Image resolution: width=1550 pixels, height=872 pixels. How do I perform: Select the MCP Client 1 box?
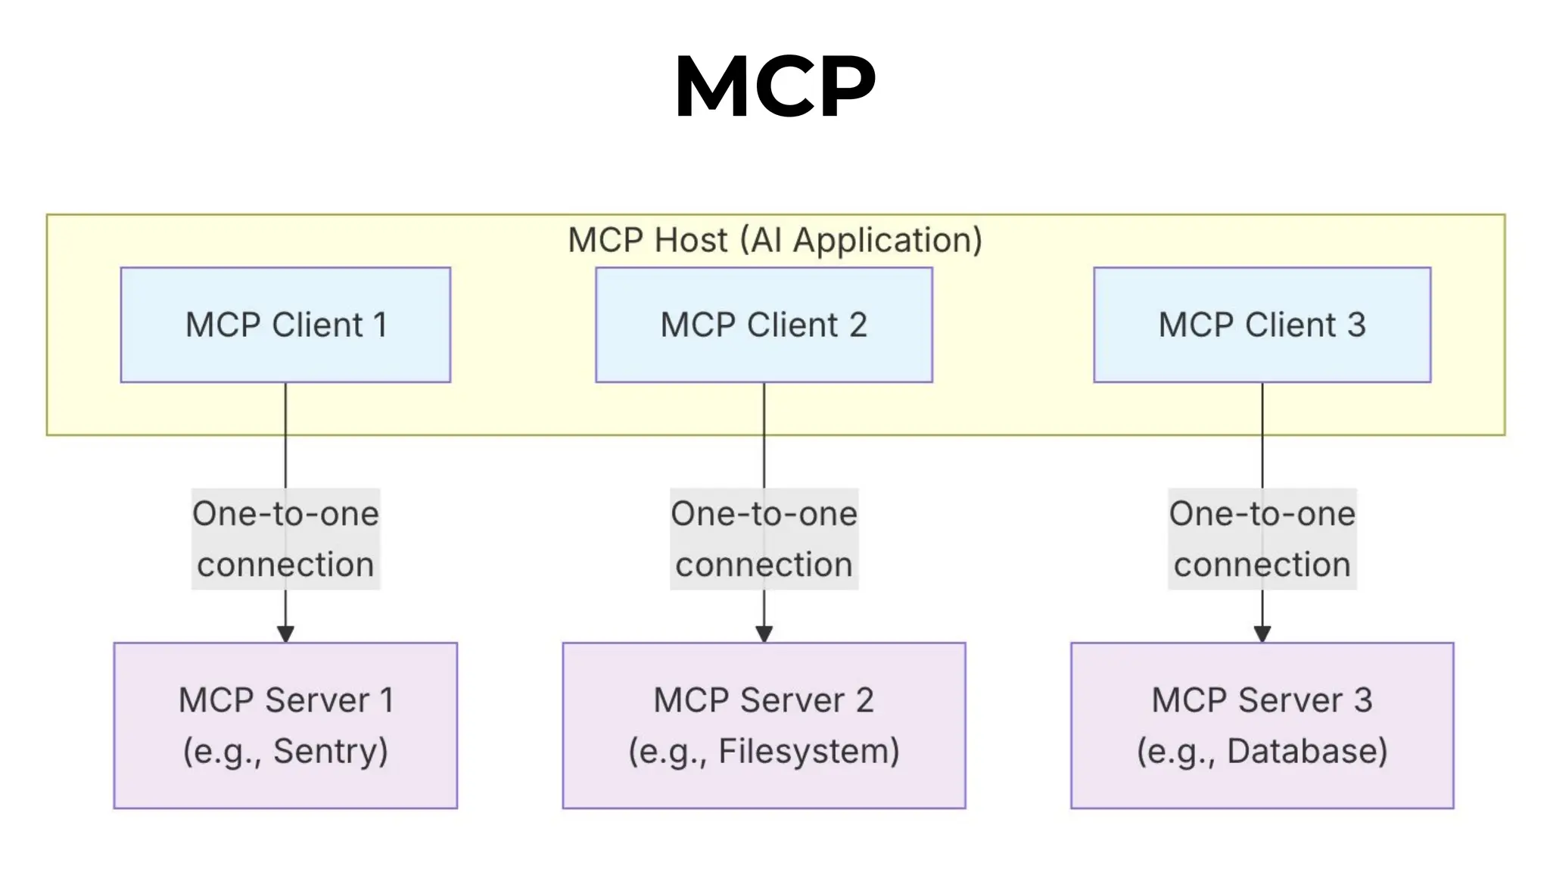point(285,325)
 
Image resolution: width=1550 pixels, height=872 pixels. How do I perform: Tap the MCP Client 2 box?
point(764,325)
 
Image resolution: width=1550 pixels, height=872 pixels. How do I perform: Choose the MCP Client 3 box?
point(1262,325)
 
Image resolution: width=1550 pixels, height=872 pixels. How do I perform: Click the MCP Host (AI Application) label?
point(775,240)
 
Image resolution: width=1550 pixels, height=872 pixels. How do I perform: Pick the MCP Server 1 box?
point(285,725)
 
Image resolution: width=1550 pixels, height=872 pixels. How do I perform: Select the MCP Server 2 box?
point(764,725)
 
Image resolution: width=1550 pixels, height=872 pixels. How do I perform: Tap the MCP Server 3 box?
point(1262,725)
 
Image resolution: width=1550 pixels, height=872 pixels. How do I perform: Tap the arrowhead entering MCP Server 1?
point(285,634)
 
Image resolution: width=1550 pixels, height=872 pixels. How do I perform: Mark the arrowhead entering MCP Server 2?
point(764,634)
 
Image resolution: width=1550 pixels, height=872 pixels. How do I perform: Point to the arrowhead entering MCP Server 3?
point(1262,634)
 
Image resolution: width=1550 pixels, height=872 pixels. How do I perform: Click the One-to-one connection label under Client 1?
point(285,539)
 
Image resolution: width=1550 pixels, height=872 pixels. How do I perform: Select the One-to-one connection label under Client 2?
point(764,539)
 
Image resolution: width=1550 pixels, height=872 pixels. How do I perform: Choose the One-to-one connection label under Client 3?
point(1262,539)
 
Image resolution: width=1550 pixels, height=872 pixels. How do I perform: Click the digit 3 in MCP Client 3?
point(1356,325)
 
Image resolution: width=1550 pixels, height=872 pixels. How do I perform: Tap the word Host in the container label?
point(690,240)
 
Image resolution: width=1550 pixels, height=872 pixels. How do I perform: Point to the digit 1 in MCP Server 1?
point(387,700)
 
